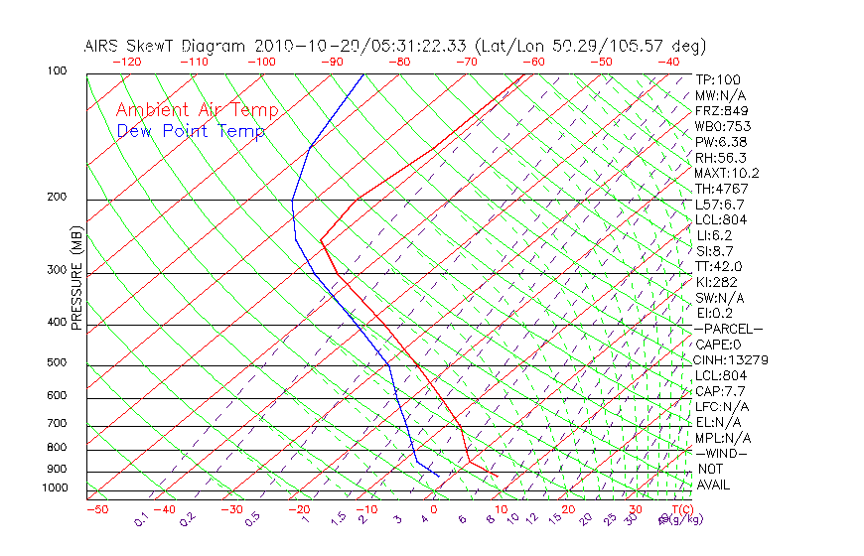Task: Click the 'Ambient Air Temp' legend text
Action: (198, 110)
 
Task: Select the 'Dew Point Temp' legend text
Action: (191, 131)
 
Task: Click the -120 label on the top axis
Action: (126, 62)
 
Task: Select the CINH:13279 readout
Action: (732, 359)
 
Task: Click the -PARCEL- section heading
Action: (728, 329)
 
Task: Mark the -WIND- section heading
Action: (721, 453)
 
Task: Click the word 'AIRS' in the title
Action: (103, 46)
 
